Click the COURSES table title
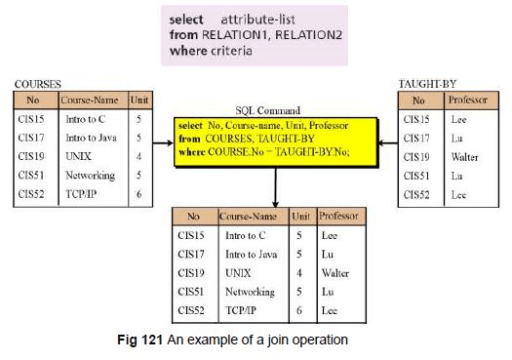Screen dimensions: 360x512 (35, 85)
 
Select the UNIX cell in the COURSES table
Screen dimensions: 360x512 (79, 156)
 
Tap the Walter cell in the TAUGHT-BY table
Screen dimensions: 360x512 (466, 156)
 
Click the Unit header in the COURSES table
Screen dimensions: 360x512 (140, 100)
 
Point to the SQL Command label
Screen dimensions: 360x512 (264, 109)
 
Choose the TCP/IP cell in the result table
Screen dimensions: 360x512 (242, 309)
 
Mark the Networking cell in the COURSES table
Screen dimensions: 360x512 (90, 176)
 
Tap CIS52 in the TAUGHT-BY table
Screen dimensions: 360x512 (417, 194)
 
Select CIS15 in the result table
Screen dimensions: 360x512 (192, 235)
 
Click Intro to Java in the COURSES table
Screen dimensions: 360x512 (92, 138)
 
